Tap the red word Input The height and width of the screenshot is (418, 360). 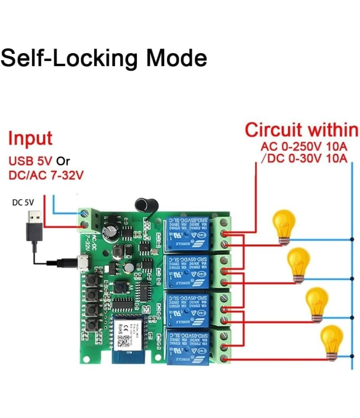30,138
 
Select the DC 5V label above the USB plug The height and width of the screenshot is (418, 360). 23,202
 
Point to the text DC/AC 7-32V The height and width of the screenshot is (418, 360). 46,175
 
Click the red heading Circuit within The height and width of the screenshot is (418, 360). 301,130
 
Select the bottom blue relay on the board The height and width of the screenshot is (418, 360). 187,347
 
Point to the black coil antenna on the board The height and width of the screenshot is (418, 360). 144,205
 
